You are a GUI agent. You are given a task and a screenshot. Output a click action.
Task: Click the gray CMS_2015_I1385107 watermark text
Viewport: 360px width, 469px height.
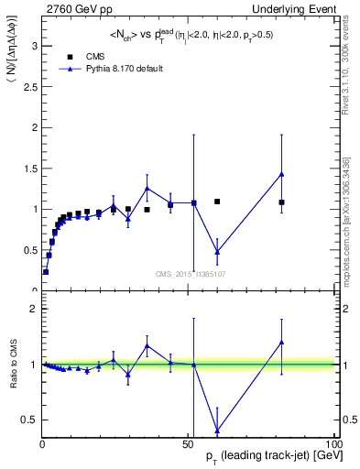(x=190, y=273)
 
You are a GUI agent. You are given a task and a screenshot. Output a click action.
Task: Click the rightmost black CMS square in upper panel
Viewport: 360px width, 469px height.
(x=281, y=202)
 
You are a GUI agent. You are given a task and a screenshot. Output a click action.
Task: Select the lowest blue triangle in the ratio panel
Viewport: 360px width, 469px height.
(x=217, y=430)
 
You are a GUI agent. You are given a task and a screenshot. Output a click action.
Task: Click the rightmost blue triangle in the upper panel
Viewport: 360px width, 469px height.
(x=281, y=174)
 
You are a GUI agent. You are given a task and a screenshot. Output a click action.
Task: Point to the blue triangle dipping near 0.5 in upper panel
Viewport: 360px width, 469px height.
(x=217, y=251)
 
